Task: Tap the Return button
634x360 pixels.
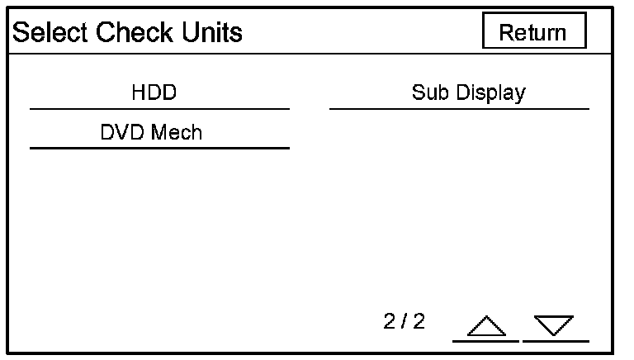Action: (534, 31)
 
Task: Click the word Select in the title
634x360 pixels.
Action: (50, 32)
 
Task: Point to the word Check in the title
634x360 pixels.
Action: (135, 32)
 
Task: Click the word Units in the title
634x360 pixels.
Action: (212, 32)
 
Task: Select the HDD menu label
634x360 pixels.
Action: (154, 92)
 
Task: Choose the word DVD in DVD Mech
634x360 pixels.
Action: (121, 132)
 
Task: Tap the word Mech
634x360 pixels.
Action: (177, 132)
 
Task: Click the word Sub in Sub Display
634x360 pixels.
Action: (430, 92)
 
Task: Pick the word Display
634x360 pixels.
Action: (491, 93)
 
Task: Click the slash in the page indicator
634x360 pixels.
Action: (405, 321)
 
